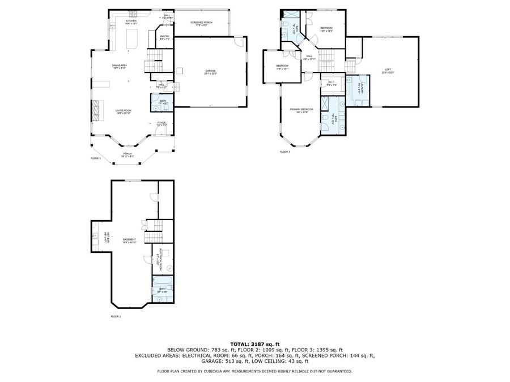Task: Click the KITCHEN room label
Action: [x=131, y=20]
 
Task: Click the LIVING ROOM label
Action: [x=124, y=111]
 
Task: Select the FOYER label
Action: [x=161, y=123]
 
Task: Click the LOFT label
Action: [x=388, y=70]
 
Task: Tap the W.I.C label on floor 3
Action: [x=331, y=83]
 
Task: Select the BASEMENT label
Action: [x=129, y=239]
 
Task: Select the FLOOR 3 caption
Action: [x=285, y=152]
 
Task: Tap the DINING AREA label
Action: [x=119, y=66]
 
